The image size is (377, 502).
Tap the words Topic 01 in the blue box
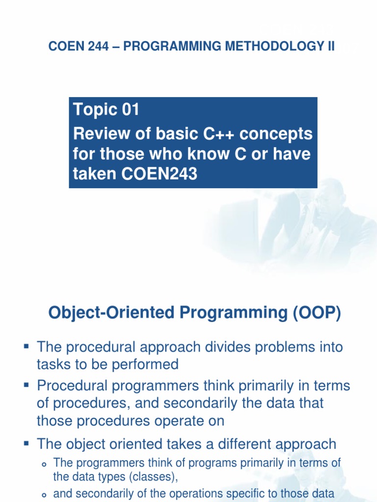click(x=106, y=110)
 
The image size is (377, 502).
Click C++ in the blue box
click(x=218, y=133)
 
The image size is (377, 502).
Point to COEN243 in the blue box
click(x=159, y=174)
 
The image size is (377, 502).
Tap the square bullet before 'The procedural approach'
click(x=27, y=346)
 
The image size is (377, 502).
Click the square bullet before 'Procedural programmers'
click(x=27, y=384)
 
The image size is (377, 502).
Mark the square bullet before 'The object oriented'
click(x=27, y=443)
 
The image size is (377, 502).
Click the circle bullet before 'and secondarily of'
click(x=44, y=495)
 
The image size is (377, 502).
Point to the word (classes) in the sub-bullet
click(x=153, y=477)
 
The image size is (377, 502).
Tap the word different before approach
click(x=244, y=444)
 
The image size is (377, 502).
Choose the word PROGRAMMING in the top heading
click(x=172, y=47)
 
